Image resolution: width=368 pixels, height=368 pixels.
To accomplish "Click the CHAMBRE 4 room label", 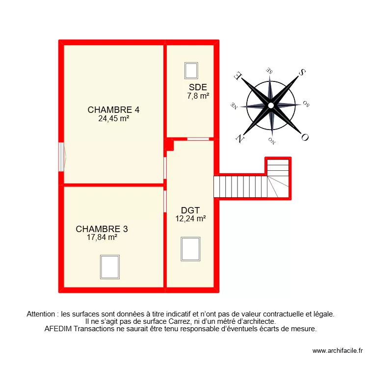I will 110,109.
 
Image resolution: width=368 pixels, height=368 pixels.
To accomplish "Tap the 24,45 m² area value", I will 113,118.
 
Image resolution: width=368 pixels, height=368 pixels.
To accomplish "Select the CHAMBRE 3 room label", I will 102,229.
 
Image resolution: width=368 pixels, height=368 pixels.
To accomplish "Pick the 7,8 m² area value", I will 198,96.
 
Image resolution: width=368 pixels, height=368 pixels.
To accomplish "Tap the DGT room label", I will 190,211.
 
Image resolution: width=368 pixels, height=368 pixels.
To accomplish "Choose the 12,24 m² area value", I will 190,219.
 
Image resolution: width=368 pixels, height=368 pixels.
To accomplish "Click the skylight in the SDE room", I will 191,70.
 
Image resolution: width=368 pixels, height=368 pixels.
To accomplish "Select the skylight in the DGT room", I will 190,249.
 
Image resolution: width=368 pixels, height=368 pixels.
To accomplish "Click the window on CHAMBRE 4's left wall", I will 61,157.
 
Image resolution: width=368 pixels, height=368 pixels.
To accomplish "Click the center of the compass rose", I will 271,105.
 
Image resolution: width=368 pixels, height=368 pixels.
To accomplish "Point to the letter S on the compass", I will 302,73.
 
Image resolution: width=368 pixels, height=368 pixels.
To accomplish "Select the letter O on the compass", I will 304,138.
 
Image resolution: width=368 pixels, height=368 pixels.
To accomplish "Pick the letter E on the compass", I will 238,76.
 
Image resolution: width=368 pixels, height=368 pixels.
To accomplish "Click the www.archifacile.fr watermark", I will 337,351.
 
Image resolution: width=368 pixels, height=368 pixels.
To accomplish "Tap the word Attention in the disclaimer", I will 42,314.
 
